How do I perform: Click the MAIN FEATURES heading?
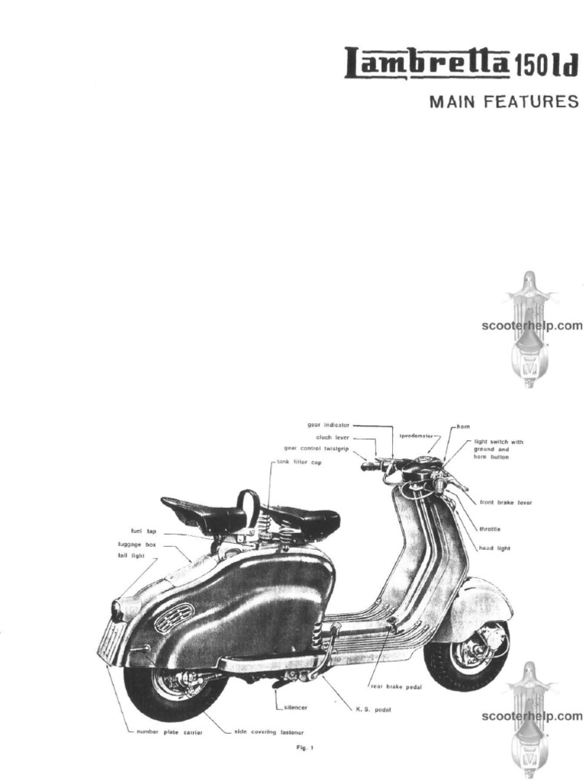(504, 102)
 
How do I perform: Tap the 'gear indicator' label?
(328, 425)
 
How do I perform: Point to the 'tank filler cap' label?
(299, 462)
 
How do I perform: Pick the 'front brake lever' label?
(506, 503)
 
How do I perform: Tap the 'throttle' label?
(490, 529)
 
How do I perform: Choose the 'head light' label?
(494, 548)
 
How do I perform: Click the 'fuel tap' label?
(143, 531)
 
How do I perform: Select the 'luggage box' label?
(137, 545)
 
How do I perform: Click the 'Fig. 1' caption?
(304, 748)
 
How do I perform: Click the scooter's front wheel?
(466, 655)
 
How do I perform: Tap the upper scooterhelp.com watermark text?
(532, 326)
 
